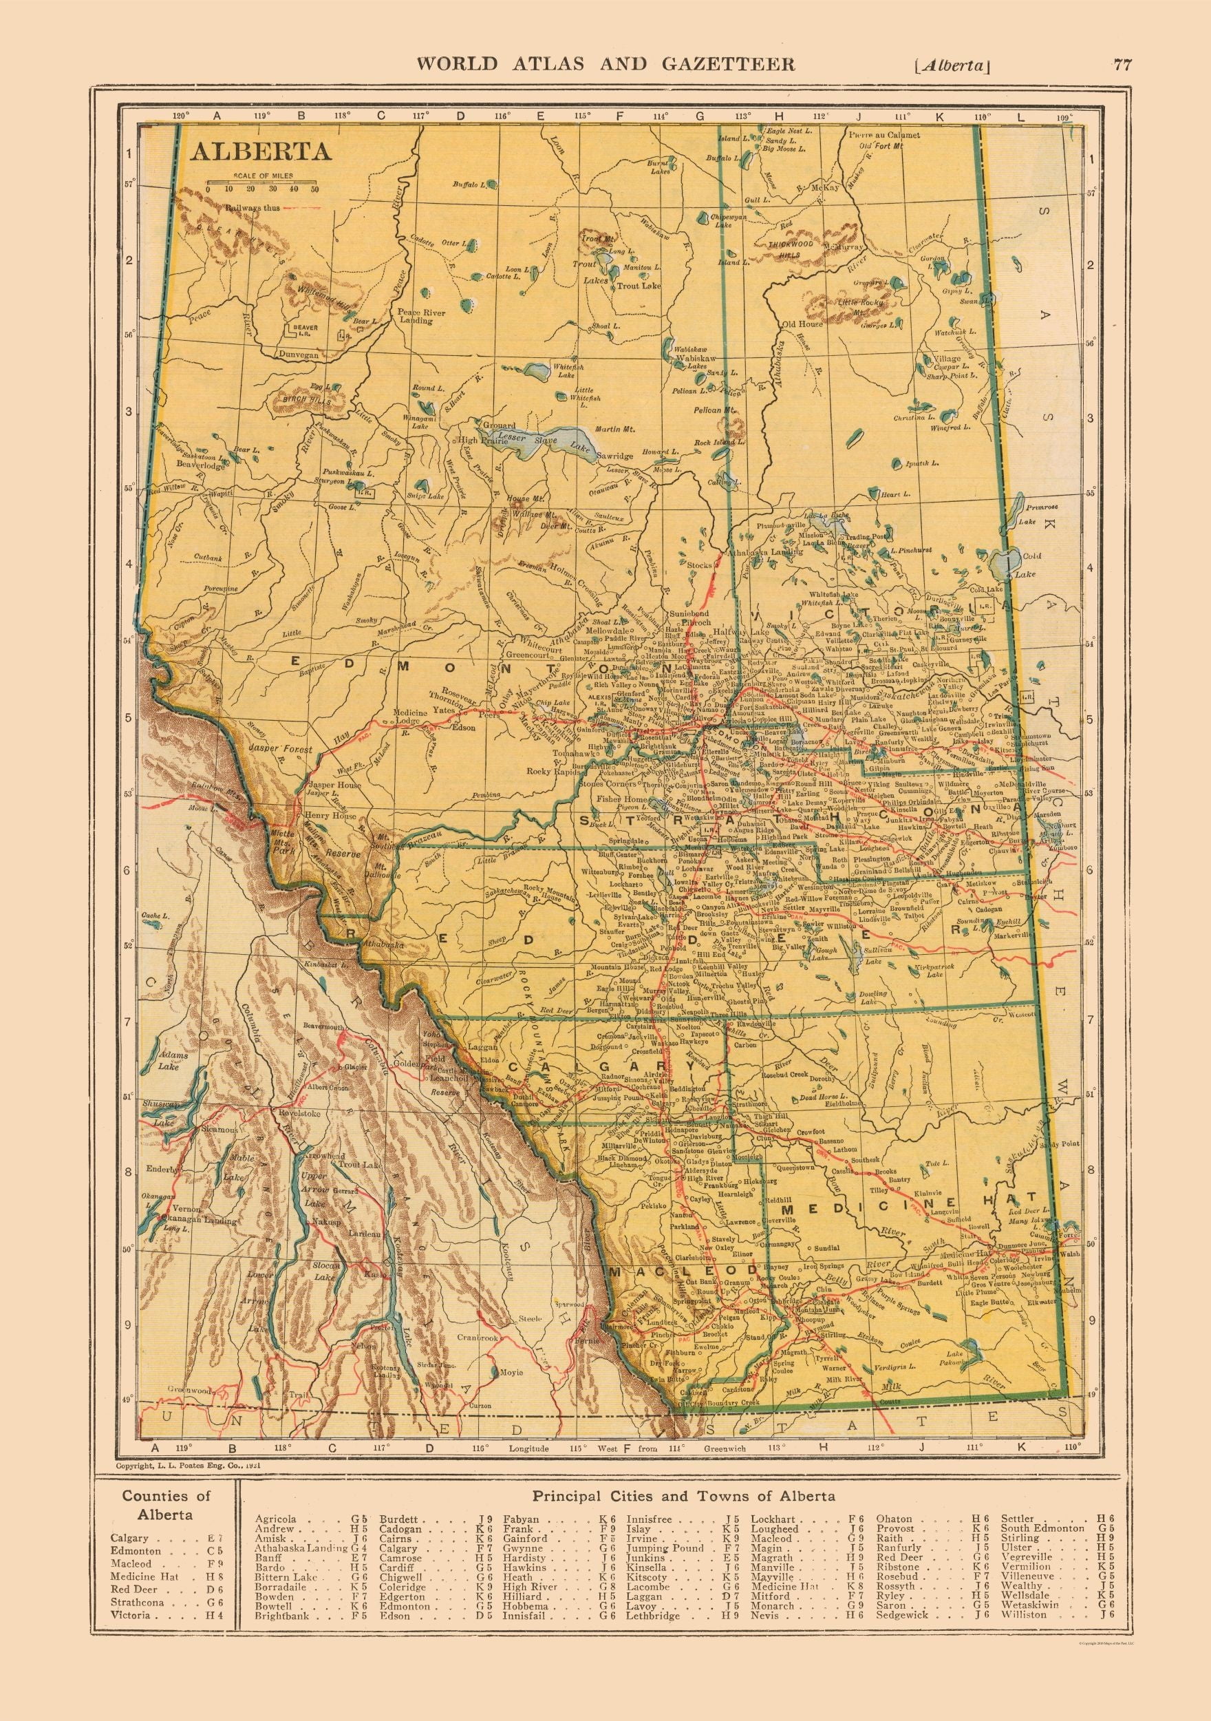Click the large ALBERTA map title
click(x=259, y=151)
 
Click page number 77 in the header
click(x=1122, y=65)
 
